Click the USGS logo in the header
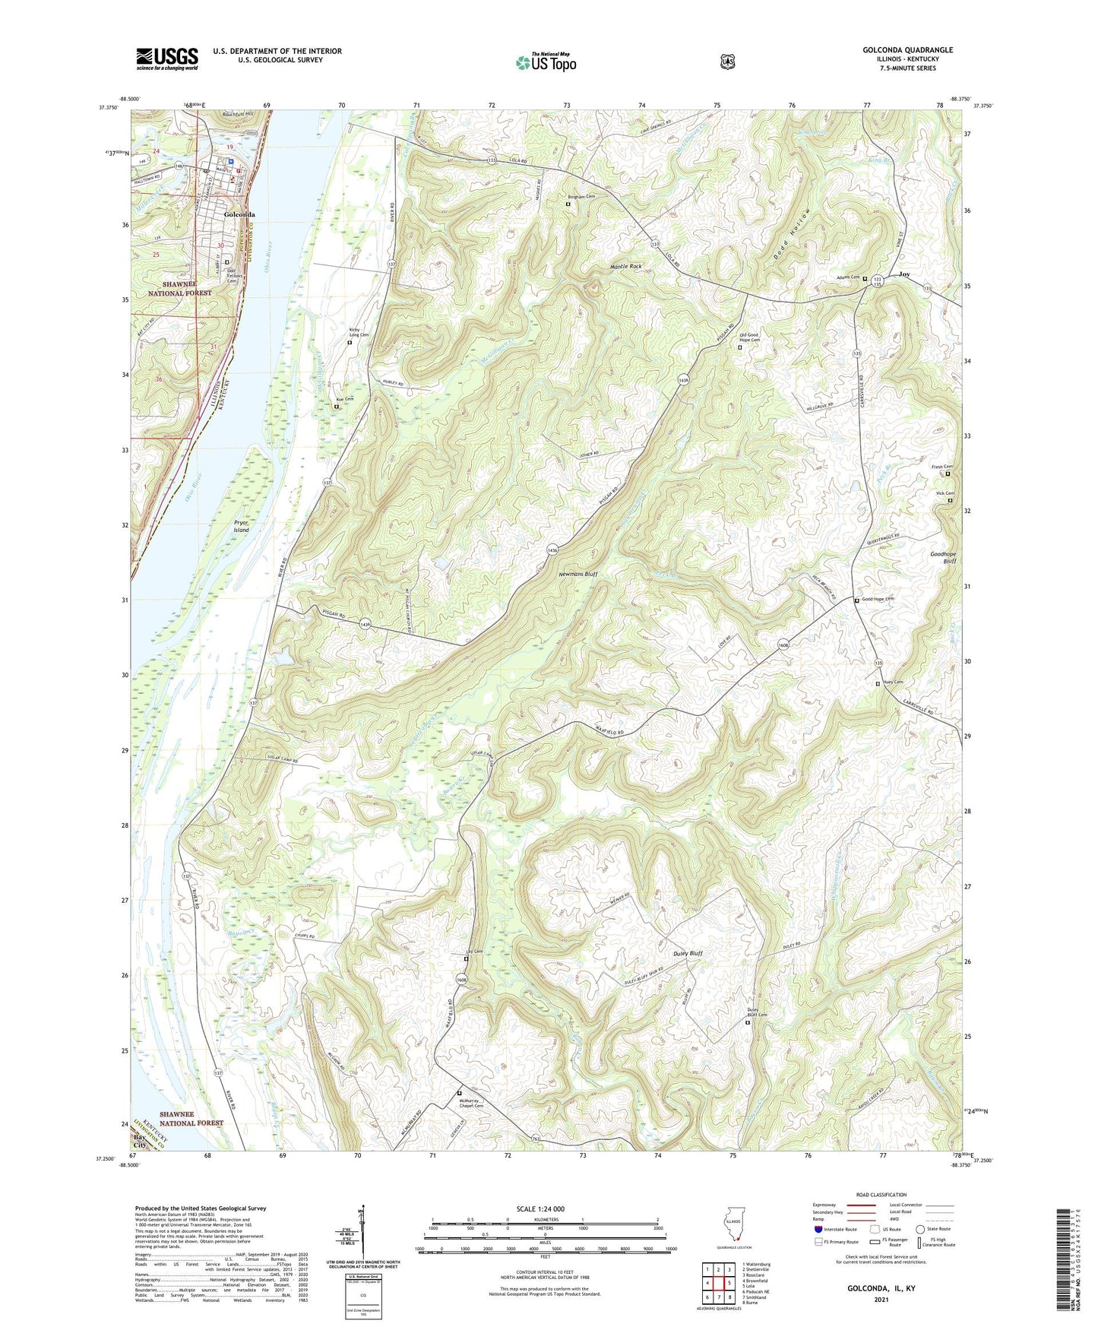coord(167,59)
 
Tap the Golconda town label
coord(239,215)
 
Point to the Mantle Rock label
coord(626,267)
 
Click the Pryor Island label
coord(241,527)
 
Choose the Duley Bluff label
coord(688,953)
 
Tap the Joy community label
coord(904,274)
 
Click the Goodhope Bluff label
coord(943,558)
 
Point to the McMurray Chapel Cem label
coord(472,1103)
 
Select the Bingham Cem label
coord(581,197)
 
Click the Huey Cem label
coord(893,683)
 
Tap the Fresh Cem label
coord(942,467)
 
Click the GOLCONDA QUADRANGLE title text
coord(907,50)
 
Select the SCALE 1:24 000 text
coord(540,1208)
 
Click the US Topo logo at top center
coord(546,62)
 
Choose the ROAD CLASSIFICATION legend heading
coord(881,1195)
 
